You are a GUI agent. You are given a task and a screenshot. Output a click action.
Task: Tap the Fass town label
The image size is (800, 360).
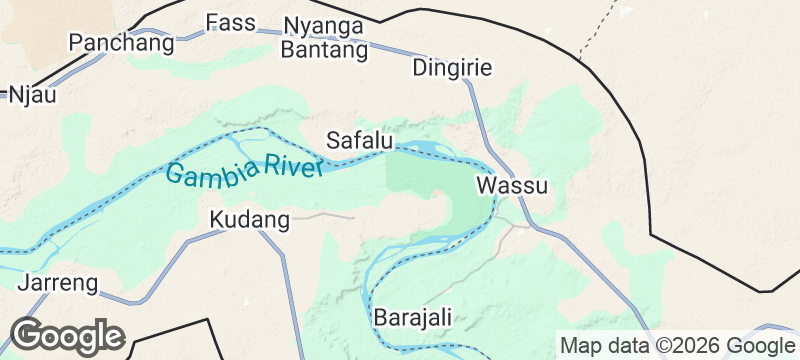pos(231,22)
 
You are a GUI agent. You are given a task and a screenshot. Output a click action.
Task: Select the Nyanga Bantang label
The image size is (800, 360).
pos(326,37)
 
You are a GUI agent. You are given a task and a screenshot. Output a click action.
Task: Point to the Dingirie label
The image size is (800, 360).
pos(452,68)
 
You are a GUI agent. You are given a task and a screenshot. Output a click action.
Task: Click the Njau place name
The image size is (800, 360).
pos(32,95)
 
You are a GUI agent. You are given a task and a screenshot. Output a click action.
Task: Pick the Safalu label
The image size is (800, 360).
pos(360,139)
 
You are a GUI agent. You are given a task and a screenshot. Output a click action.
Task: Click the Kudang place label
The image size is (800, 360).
pos(250,218)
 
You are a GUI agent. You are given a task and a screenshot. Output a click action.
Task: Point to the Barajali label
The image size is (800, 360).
pos(413,317)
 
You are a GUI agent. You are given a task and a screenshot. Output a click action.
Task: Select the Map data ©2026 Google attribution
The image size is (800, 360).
pos(676,345)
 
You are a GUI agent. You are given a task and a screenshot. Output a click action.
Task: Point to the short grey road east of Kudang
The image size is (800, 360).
pos(325,214)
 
